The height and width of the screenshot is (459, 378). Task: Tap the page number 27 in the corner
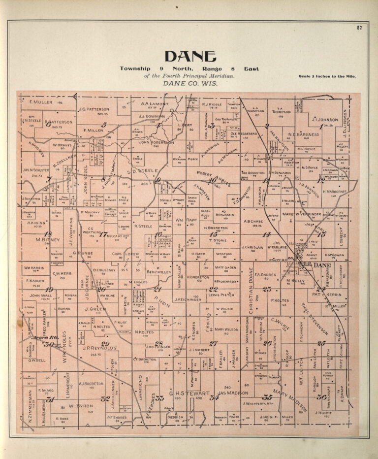pyautogui.click(x=359, y=28)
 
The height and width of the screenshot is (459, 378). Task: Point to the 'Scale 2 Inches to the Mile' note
pyautogui.click(x=327, y=76)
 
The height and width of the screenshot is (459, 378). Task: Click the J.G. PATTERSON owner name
pyautogui.click(x=94, y=109)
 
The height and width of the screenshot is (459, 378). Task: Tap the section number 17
pyautogui.click(x=103, y=234)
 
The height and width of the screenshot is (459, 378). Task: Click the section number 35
pyautogui.click(x=267, y=397)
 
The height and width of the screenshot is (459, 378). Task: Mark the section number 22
pyautogui.click(x=213, y=290)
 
